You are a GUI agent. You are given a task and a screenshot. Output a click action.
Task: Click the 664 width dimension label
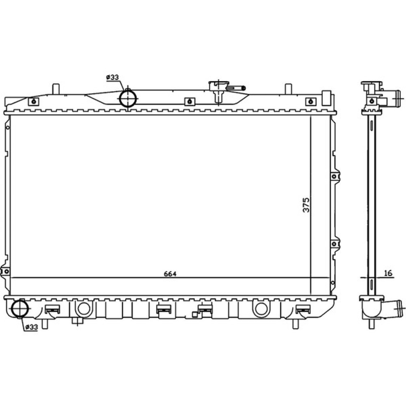170,274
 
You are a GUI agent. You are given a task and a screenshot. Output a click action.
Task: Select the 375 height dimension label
306,205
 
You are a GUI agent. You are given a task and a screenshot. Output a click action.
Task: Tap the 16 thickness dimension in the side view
389,273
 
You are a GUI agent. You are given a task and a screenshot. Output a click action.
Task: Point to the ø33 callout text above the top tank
112,77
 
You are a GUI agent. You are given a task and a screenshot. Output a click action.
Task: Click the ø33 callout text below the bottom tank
31,327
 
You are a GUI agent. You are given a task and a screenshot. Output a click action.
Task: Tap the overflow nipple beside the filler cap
236,88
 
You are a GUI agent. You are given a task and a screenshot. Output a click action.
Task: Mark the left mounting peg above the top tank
56,89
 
